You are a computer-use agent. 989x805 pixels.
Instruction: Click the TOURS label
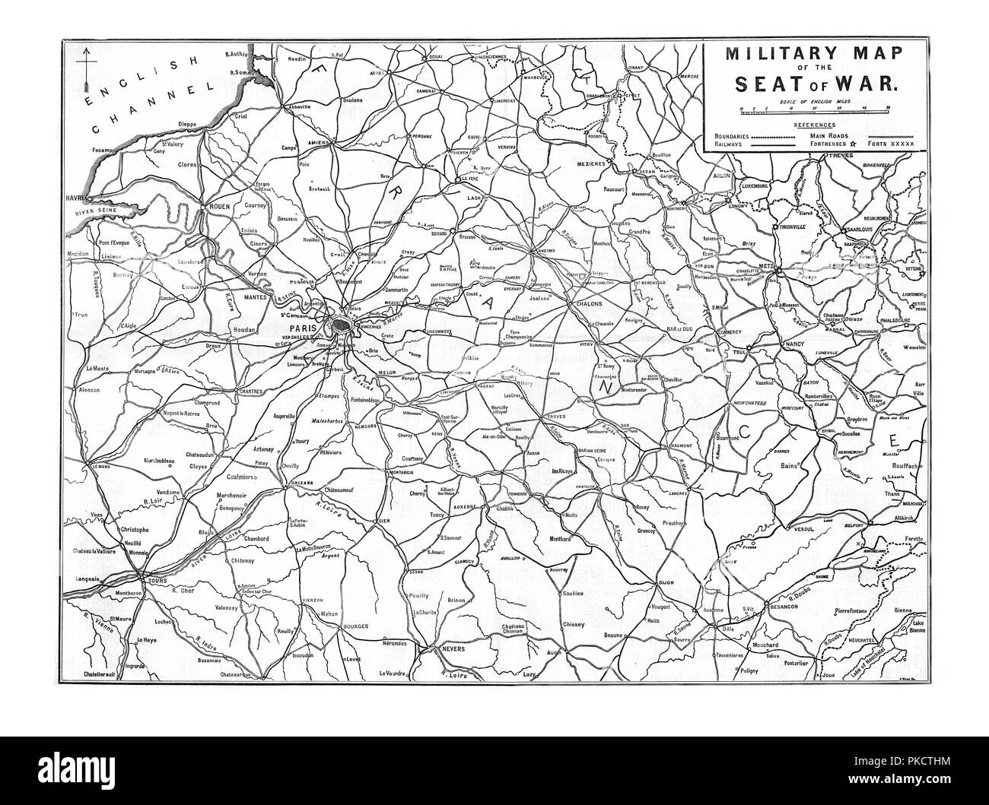[x=158, y=582]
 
